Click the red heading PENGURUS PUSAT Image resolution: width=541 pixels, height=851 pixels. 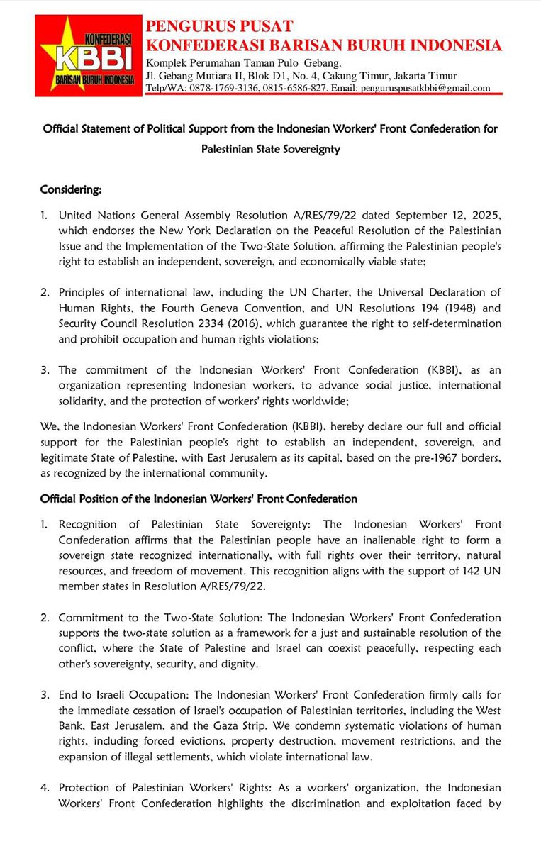pyautogui.click(x=219, y=26)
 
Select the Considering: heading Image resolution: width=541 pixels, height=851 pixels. pyautogui.click(x=71, y=190)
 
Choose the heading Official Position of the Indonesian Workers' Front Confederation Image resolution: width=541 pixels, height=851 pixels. pyautogui.click(x=199, y=499)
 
